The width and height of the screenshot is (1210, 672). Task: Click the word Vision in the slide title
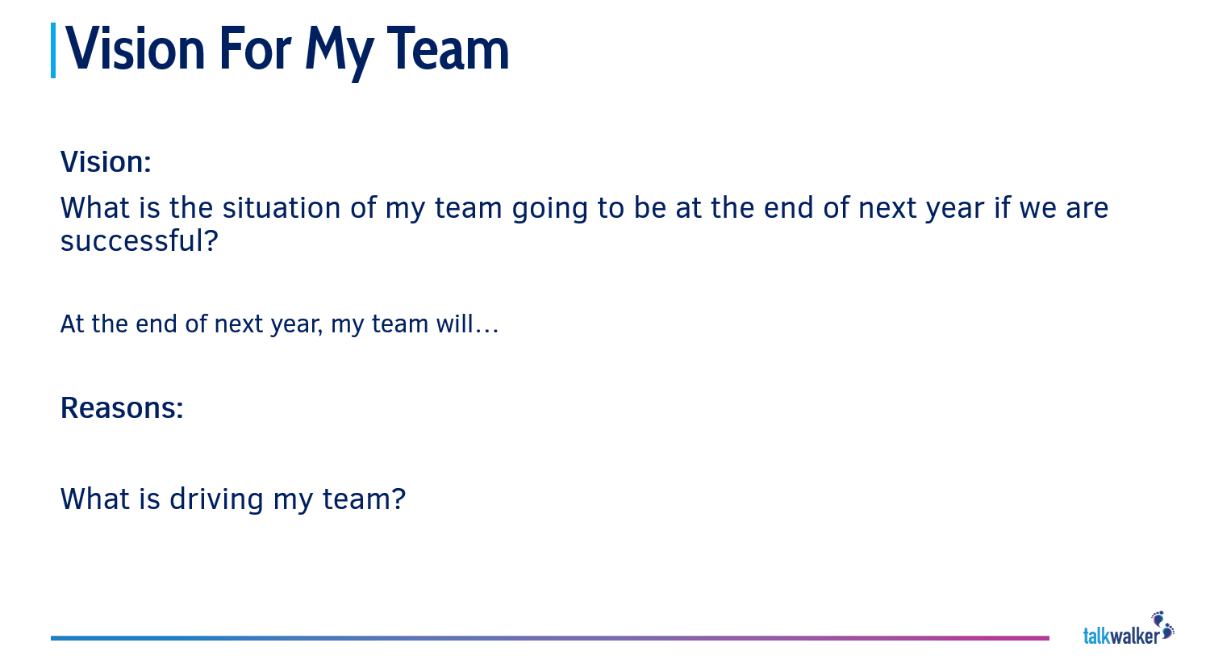coord(136,50)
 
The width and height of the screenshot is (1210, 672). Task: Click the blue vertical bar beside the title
coord(53,50)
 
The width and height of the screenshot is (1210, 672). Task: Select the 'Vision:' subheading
coord(106,162)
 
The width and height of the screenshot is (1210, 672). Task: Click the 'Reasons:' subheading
coord(122,408)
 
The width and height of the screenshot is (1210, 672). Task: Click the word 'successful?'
coord(139,241)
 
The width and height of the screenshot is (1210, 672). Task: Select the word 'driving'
coord(216,499)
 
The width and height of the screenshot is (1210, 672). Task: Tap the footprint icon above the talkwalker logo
coord(1162,623)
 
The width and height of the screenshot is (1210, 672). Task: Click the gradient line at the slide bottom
coord(549,638)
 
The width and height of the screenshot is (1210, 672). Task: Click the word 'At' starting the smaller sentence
coord(72,324)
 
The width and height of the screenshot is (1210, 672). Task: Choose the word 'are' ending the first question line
coord(1087,209)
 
